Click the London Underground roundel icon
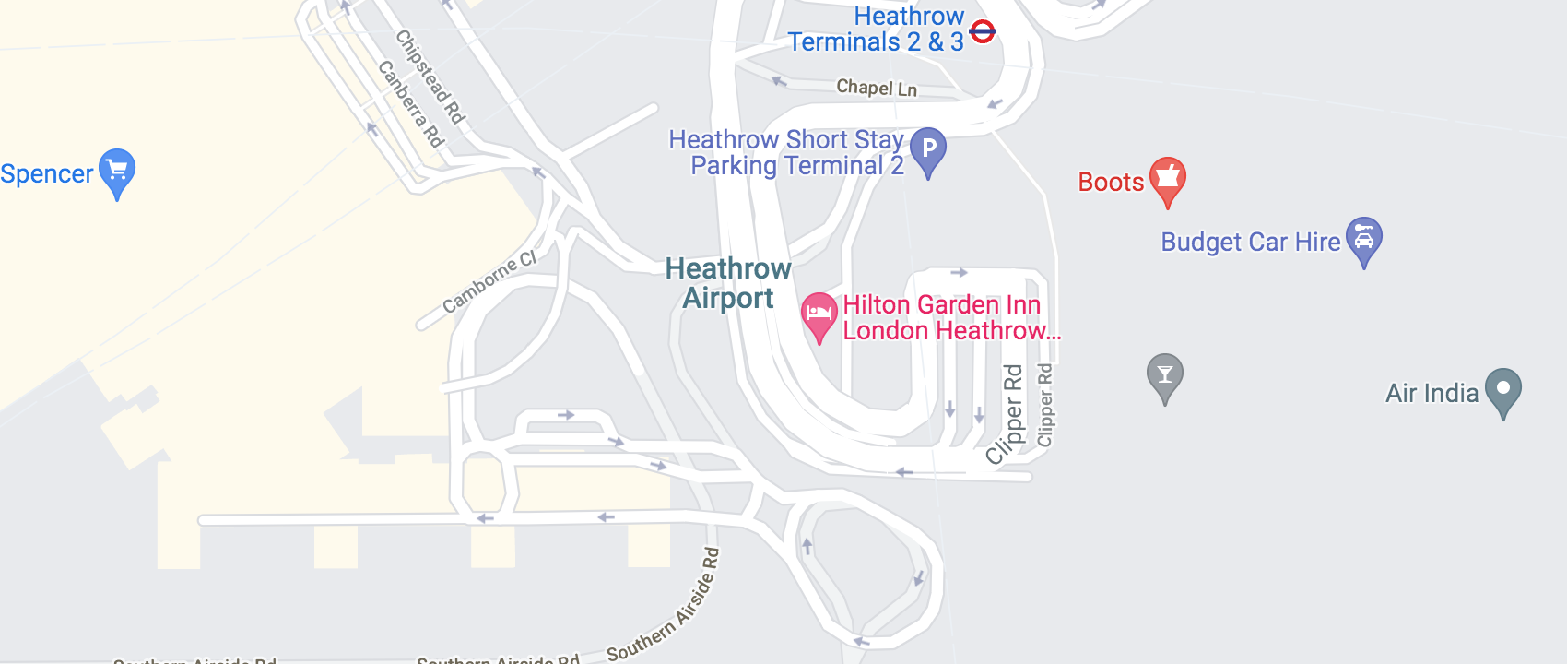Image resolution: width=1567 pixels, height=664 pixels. [x=983, y=31]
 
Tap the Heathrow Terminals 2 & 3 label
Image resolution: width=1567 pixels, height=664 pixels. [x=876, y=30]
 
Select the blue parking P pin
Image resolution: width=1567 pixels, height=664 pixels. [x=928, y=149]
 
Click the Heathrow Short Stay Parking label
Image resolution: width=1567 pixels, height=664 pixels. [x=786, y=153]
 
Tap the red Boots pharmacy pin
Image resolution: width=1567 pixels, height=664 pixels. [x=1167, y=179]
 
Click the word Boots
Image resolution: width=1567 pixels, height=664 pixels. [x=1111, y=183]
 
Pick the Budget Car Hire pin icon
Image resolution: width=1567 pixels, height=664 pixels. [x=1363, y=240]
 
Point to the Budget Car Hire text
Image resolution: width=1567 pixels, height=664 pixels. [x=1250, y=243]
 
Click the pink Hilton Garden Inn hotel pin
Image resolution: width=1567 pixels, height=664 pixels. [x=819, y=315]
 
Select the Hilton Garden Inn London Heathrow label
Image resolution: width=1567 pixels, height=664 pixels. [x=949, y=318]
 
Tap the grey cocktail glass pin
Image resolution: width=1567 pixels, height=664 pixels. [x=1165, y=375]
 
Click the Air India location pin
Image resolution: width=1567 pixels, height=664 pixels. [x=1503, y=391]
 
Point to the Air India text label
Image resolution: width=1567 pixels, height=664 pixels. [x=1432, y=394]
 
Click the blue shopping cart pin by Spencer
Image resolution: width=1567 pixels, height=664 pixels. [x=117, y=172]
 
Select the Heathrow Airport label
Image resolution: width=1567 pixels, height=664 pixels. [x=728, y=283]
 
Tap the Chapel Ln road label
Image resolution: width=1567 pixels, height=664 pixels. [x=877, y=88]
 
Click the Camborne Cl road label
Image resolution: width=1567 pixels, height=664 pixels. [x=489, y=282]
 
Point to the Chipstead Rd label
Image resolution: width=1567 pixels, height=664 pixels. [x=430, y=77]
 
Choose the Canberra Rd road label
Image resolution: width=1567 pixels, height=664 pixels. [x=411, y=104]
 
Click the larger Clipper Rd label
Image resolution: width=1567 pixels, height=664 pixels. [x=1007, y=415]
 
